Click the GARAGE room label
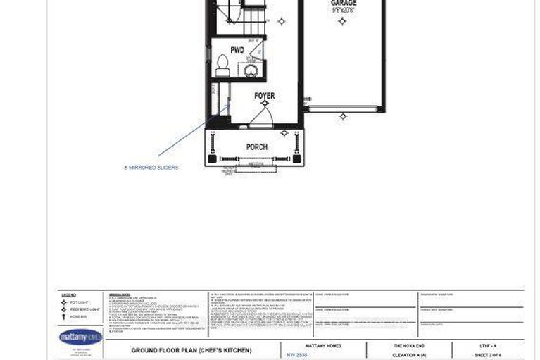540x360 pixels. (343, 4)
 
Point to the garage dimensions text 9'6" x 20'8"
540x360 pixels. (343, 11)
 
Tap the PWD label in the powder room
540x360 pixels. (237, 51)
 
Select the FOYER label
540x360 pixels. (265, 96)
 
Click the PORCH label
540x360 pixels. (256, 147)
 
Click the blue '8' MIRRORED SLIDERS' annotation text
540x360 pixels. (151, 168)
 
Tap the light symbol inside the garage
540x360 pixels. (342, 22)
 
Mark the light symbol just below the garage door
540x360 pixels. (343, 116)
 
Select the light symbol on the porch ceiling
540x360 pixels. (284, 132)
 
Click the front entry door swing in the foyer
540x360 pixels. (260, 118)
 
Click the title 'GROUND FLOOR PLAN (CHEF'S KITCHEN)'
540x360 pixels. (191, 350)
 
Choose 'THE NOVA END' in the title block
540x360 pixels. (408, 346)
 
